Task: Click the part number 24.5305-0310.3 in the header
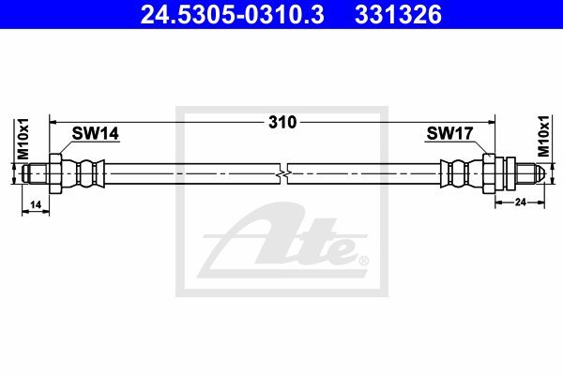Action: click(233, 14)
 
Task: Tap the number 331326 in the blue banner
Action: click(398, 14)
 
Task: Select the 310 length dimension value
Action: click(282, 123)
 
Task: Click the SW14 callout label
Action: click(95, 133)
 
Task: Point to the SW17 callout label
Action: click(449, 133)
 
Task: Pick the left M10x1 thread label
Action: click(23, 139)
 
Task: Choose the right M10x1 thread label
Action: click(543, 136)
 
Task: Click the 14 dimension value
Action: click(36, 205)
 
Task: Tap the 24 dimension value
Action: click(520, 202)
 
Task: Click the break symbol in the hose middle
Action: click(284, 174)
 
